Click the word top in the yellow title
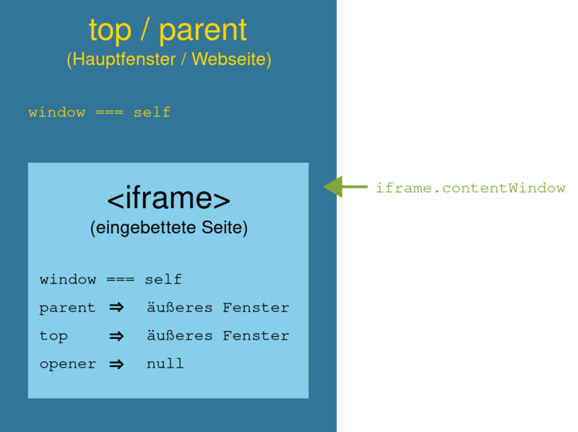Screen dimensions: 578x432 click(110, 31)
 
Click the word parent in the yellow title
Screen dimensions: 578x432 click(203, 31)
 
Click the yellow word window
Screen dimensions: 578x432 click(57, 113)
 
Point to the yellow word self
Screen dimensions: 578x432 click(152, 113)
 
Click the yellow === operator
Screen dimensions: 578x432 click(109, 113)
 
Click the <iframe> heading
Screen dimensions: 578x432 click(168, 199)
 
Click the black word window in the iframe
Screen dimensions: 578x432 click(68, 280)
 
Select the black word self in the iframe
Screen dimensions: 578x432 click(163, 280)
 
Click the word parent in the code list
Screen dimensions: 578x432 click(67, 308)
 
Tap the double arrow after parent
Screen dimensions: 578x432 click(116, 308)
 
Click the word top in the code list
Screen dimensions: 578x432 click(53, 336)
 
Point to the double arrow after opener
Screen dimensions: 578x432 click(116, 365)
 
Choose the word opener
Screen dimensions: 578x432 click(68, 365)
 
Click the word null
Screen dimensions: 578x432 click(165, 364)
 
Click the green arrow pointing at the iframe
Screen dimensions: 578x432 click(345, 187)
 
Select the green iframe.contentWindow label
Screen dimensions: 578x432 click(470, 188)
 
